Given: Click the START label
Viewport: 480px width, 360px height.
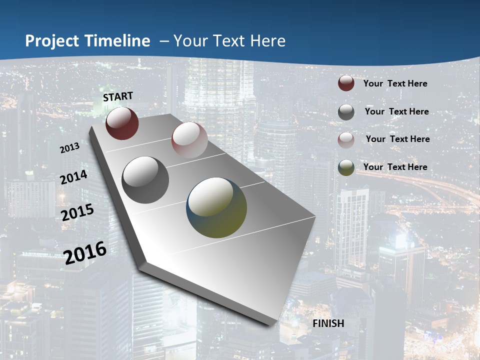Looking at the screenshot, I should (118, 96).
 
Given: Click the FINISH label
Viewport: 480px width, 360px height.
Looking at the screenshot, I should (328, 323).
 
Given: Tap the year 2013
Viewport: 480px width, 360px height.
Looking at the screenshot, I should (70, 148).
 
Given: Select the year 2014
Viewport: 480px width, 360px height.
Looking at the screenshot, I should (74, 177).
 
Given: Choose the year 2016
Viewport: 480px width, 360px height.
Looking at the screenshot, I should (85, 252).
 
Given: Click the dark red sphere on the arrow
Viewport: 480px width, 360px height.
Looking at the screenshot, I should (122, 123).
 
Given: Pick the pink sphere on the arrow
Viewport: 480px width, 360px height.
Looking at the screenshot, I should (189, 140).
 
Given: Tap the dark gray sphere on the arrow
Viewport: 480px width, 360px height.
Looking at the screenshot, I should (145, 180).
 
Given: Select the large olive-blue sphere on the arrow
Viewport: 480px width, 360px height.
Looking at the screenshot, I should (216, 207).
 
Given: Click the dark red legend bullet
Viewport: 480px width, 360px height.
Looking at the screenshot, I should (346, 83).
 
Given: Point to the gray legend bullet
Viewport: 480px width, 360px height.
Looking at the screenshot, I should (346, 112).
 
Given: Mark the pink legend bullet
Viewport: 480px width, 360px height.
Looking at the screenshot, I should (346, 140).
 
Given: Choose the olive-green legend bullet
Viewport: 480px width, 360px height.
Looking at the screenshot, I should (346, 167).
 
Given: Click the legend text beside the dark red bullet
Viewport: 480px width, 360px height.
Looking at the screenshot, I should (395, 83).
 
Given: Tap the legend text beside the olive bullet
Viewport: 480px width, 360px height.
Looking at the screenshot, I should (395, 167).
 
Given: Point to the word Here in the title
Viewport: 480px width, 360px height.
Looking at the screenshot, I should (268, 41).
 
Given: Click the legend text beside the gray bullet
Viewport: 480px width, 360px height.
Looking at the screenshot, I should (397, 111).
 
